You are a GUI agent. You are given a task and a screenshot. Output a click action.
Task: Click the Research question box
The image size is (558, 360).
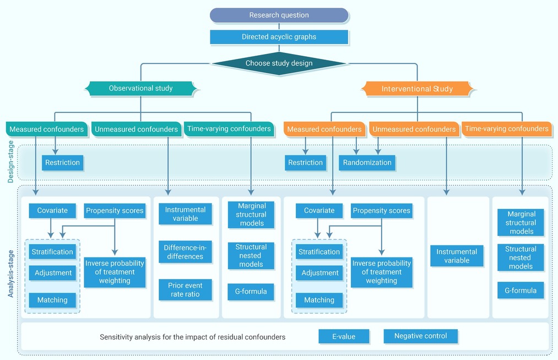coord(279,15)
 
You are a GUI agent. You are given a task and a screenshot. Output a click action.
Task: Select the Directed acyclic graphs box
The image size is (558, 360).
coord(279,37)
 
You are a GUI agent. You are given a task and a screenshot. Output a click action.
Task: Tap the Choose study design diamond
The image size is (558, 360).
coord(279,63)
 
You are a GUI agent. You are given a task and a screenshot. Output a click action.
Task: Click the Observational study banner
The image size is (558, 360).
coord(140,88)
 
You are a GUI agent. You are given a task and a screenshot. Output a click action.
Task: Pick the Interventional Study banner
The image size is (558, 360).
coord(417,89)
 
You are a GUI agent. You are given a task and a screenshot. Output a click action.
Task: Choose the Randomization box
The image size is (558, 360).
coord(367,163)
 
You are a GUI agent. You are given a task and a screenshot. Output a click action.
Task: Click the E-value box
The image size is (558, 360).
coord(344,336)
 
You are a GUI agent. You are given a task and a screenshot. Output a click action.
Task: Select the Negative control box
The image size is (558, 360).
coord(421,336)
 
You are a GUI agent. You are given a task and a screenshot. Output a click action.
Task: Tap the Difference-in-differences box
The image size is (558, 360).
coord(185,252)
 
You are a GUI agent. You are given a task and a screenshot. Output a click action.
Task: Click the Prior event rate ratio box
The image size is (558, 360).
coord(185,290)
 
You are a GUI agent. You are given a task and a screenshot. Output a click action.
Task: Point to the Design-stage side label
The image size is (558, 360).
coord(10,162)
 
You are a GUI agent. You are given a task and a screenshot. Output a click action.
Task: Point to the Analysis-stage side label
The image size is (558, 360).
coord(10,273)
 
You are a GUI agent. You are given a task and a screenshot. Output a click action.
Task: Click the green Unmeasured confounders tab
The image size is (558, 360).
coord(136,129)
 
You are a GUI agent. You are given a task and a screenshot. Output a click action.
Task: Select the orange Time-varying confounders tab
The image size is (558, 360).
coord(507,129)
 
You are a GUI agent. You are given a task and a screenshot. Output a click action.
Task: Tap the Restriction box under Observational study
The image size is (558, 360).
coord(62,163)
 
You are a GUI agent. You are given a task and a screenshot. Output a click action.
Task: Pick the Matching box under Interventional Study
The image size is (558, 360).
coord(319,300)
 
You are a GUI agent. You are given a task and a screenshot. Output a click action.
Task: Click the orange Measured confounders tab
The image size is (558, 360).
coord(324,129)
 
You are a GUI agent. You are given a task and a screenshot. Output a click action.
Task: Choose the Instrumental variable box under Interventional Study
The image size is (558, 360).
coord(457,256)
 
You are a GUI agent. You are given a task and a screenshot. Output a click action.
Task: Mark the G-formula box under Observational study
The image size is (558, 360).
coord(251,292)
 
